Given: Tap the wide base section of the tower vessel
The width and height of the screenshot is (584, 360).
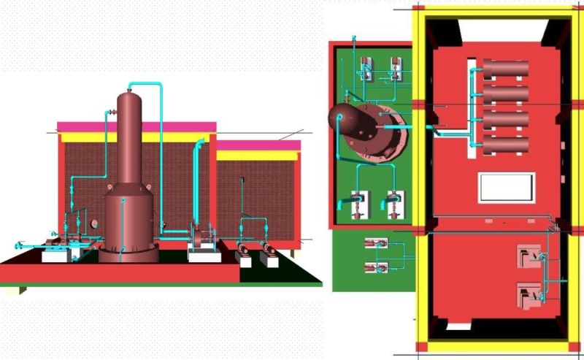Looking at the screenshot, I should coord(128,219).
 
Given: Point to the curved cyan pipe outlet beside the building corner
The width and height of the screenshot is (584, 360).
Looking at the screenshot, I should coord(197,146).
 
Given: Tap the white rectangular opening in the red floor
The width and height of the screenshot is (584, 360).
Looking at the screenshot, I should coord(507,188).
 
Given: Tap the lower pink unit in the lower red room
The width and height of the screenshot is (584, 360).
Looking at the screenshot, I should coord(528,294).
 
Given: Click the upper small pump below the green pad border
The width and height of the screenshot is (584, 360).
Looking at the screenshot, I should coord(375,244).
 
